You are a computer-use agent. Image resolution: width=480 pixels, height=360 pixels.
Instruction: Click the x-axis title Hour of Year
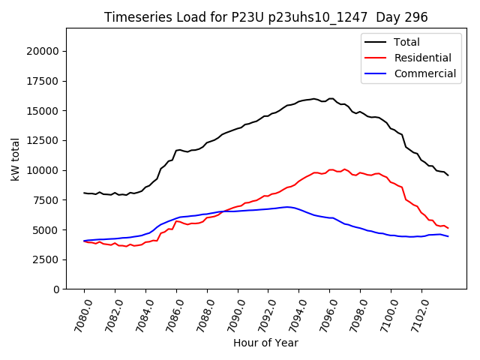pyautogui.click(x=265, y=343)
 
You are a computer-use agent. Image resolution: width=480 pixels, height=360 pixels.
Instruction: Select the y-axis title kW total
pyautogui.click(x=16, y=159)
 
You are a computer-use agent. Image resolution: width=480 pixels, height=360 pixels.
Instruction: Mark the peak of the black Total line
pyautogui.click(x=330, y=98)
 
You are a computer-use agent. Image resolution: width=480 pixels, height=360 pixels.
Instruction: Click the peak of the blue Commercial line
pyautogui.click(x=286, y=206)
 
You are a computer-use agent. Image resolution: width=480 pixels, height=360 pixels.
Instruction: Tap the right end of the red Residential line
pyautogui.click(x=448, y=227)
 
